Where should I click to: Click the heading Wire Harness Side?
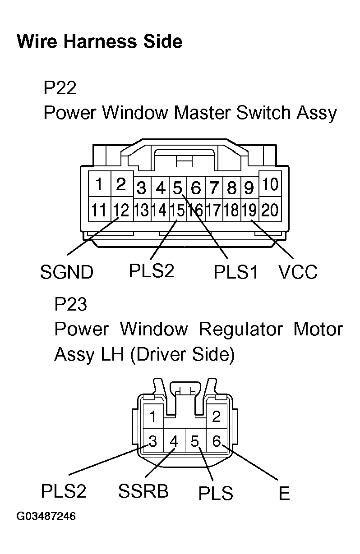(99, 42)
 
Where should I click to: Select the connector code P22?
(60, 88)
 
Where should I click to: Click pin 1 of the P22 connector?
(99, 184)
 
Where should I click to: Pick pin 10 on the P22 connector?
(270, 184)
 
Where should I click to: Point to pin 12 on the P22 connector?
(121, 210)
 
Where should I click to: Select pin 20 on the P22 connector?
(270, 210)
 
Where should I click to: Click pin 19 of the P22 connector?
(249, 210)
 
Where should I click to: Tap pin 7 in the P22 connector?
(214, 187)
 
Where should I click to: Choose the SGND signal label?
(67, 272)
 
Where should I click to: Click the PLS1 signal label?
(236, 272)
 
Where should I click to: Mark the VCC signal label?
(298, 272)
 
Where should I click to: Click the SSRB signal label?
(143, 491)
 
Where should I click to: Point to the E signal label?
(284, 494)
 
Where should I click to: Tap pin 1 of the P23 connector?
(153, 416)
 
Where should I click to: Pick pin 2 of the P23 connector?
(216, 416)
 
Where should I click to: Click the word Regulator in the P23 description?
(241, 330)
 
